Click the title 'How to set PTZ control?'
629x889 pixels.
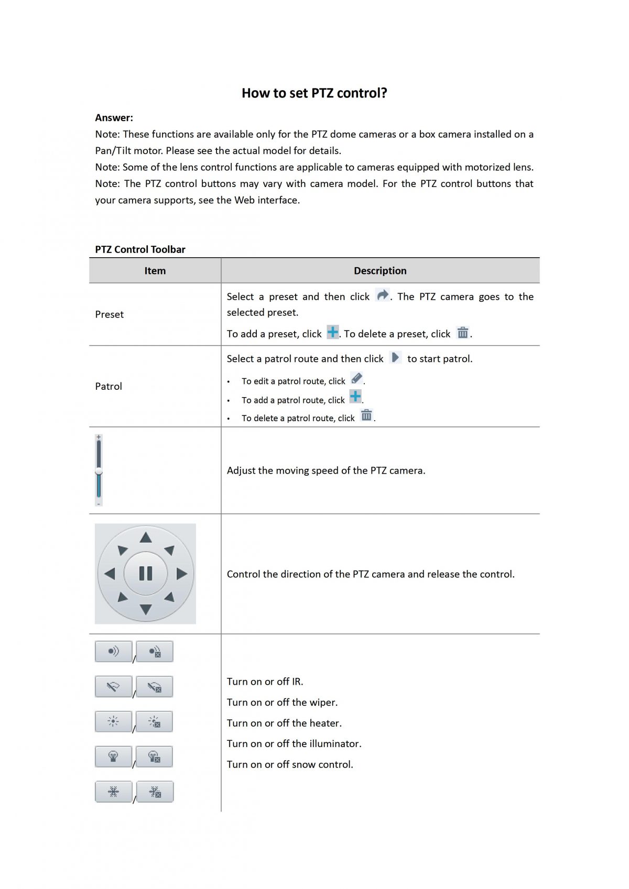pyautogui.click(x=314, y=93)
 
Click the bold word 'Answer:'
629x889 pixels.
pyautogui.click(x=114, y=118)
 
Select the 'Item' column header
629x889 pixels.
pyautogui.click(x=155, y=271)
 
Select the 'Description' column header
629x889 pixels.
pyautogui.click(x=380, y=271)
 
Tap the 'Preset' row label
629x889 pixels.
pyautogui.click(x=109, y=314)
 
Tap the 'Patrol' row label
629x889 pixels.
pyautogui.click(x=109, y=386)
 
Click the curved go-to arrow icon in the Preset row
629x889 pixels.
pyautogui.click(x=383, y=295)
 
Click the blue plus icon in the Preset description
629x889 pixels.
pyautogui.click(x=332, y=332)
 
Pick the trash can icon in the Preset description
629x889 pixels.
pyautogui.click(x=462, y=333)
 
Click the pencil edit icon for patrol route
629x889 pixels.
pyautogui.click(x=357, y=378)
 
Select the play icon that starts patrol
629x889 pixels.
pyautogui.click(x=396, y=357)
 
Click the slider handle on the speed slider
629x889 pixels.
pyautogui.click(x=99, y=472)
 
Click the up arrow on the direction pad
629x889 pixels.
pyautogui.click(x=146, y=537)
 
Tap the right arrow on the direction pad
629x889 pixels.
pyautogui.click(x=182, y=574)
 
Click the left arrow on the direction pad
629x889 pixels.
pyautogui.click(x=110, y=574)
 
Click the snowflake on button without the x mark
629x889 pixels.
pyautogui.click(x=113, y=792)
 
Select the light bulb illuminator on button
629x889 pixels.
pyautogui.click(x=113, y=756)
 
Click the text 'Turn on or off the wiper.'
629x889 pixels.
pyautogui.click(x=282, y=702)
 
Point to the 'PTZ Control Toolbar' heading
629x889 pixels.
pyautogui.click(x=140, y=249)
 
